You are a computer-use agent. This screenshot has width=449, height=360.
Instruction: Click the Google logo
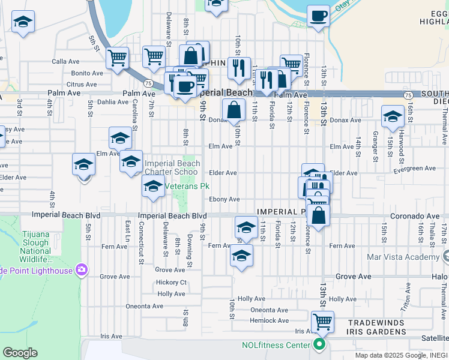(x=20, y=353)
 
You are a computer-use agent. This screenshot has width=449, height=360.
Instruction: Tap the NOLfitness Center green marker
(x=319, y=344)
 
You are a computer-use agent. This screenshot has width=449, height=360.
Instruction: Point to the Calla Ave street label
(x=66, y=61)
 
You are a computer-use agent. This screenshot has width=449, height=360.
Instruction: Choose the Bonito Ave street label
(x=88, y=73)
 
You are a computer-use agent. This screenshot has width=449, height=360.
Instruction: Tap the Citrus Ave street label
(x=82, y=85)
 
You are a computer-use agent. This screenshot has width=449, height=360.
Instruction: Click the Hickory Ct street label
(x=171, y=282)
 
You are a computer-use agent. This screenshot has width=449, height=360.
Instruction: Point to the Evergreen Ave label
(x=415, y=169)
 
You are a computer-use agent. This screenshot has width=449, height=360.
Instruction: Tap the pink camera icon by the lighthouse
(x=82, y=271)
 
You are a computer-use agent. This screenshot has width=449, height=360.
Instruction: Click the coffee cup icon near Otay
(x=318, y=16)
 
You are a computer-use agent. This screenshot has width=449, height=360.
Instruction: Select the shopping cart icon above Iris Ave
(x=323, y=322)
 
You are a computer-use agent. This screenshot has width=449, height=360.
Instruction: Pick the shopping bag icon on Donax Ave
(x=234, y=110)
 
